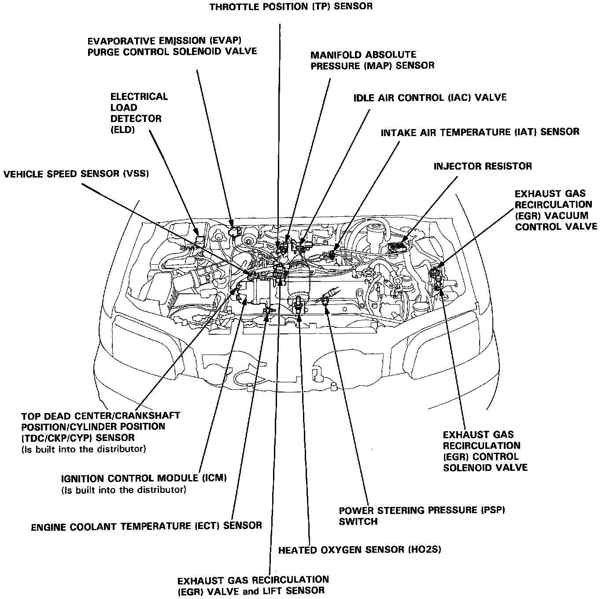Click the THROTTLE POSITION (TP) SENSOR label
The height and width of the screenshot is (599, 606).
point(291,7)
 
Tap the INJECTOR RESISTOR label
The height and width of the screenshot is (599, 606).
point(483,166)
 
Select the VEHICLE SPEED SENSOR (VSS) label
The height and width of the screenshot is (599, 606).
point(76,174)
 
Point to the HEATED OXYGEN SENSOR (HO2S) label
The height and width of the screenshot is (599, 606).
point(359,550)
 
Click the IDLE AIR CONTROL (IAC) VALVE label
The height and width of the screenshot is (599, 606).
point(430,97)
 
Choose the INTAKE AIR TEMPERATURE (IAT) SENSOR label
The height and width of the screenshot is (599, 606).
point(480,132)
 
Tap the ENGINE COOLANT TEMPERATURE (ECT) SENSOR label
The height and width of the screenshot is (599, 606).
point(146,526)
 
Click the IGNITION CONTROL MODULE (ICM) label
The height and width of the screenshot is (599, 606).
point(144,478)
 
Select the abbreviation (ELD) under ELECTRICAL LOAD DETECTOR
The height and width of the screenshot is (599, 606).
point(122,130)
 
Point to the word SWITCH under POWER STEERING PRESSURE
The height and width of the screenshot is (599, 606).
point(358,521)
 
